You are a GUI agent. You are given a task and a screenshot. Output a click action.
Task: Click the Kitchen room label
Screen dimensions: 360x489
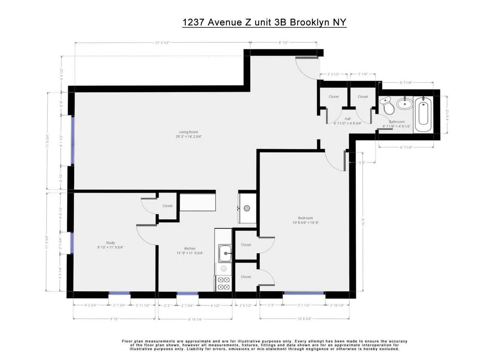[x=189, y=248]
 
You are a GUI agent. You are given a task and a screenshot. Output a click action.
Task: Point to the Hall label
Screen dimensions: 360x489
[x=348, y=119]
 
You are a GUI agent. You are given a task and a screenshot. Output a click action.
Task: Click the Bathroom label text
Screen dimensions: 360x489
[x=396, y=122]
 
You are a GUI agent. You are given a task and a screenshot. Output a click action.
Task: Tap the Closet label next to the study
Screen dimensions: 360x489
[x=167, y=206]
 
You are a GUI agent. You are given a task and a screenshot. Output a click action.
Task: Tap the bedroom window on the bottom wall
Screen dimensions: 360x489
[x=304, y=293]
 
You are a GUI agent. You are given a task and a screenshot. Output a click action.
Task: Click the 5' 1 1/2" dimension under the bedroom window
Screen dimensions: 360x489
[x=304, y=305]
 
